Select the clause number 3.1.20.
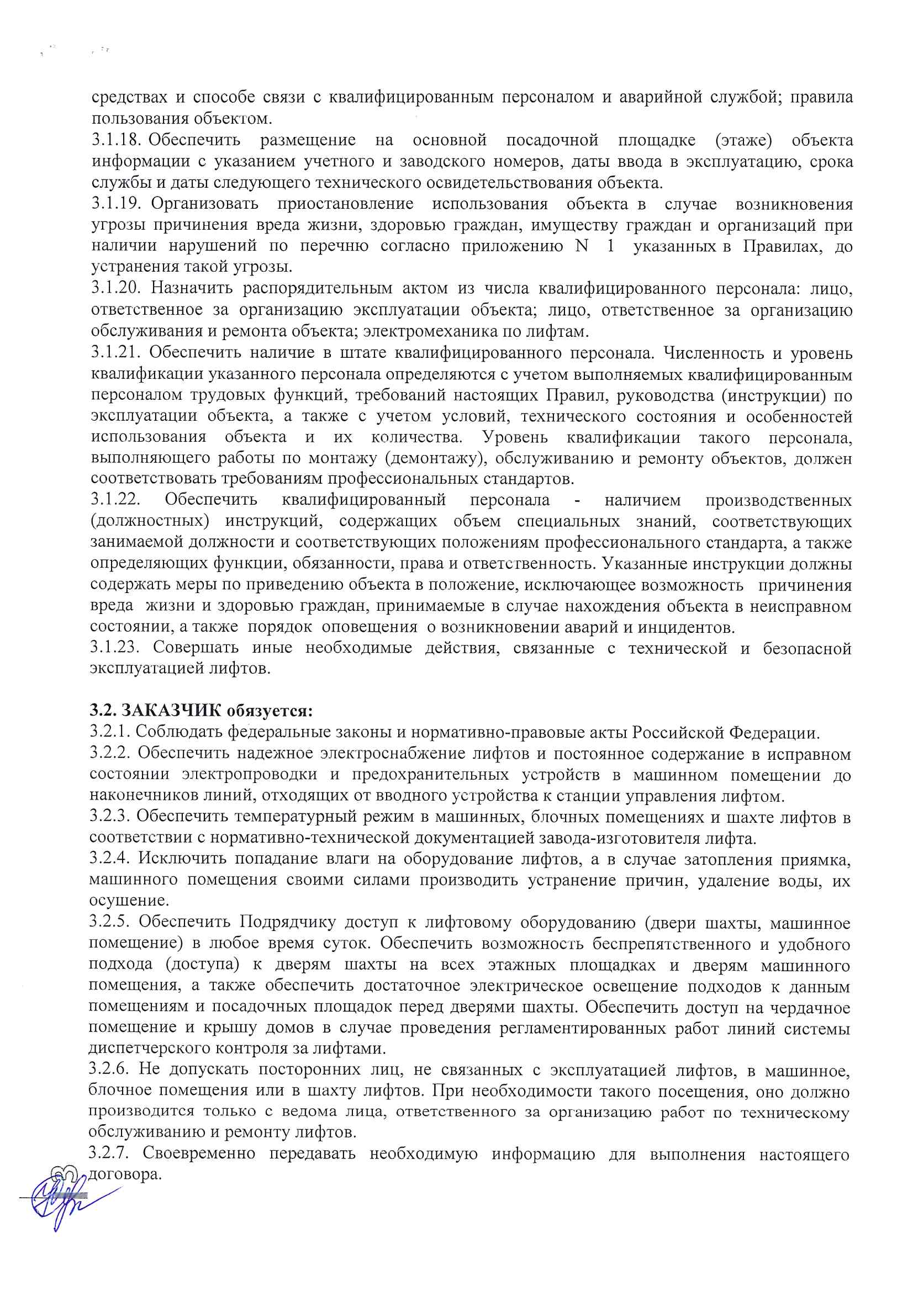coord(116,288)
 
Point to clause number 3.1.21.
coord(115,352)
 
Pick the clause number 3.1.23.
coord(115,648)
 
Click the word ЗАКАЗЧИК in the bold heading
coord(172,711)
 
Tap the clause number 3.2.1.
coord(110,732)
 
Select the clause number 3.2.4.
coord(110,859)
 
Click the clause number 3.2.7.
coord(109,1155)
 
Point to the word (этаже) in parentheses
coord(743,140)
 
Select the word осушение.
coord(129,901)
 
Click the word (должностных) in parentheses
coord(149,521)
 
